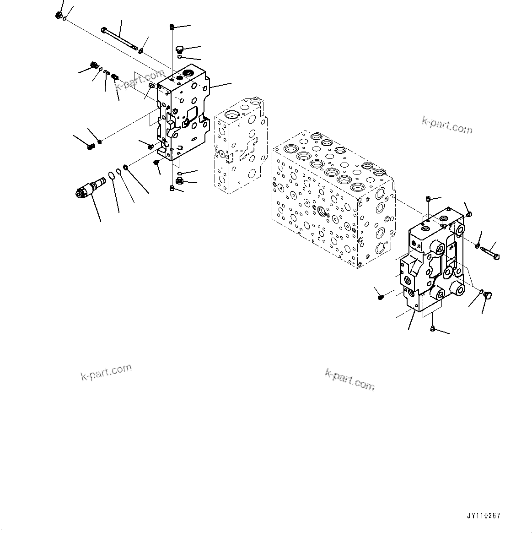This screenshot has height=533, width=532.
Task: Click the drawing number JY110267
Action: tap(484, 516)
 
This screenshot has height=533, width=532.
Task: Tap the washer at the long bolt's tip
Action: tap(140, 50)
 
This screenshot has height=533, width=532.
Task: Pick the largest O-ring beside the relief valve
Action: tap(112, 176)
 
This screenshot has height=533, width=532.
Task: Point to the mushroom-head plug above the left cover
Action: tap(179, 49)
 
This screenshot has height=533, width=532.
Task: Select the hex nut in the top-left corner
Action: tap(58, 15)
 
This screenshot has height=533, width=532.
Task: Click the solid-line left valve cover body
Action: tap(183, 114)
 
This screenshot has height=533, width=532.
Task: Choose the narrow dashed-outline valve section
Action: tap(239, 144)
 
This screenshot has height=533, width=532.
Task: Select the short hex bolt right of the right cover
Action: tap(490, 250)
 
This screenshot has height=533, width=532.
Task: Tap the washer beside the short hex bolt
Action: tap(477, 246)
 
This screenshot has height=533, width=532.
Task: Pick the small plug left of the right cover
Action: tap(381, 297)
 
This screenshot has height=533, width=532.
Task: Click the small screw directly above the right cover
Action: tap(428, 199)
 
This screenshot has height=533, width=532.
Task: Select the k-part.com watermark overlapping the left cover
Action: tap(140, 80)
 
